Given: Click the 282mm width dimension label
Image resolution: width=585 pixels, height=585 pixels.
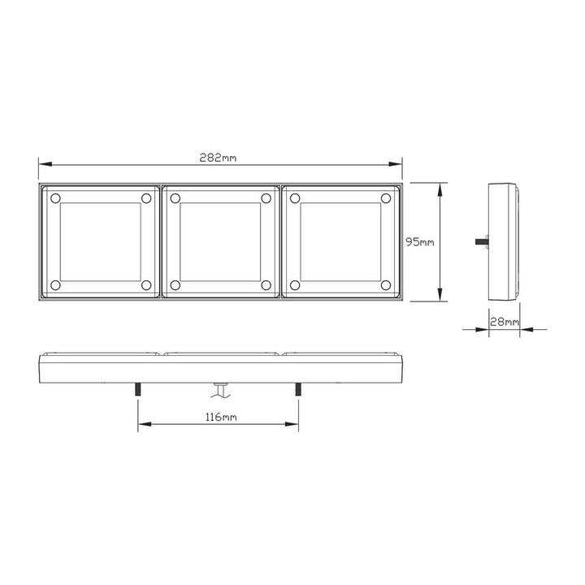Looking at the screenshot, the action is tap(218, 158).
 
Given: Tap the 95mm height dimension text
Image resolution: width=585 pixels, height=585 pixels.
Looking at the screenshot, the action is tap(420, 242).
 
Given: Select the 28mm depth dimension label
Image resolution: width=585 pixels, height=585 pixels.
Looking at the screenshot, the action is tap(505, 322).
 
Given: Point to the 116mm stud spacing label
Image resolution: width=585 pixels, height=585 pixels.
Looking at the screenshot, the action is tap(221, 417).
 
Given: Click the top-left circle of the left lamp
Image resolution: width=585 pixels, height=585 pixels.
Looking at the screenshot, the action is tap(55, 198).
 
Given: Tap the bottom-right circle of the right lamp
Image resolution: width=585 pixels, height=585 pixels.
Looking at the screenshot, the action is tap(386, 285).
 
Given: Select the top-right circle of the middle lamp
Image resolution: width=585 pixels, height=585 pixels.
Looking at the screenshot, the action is tap(266, 198).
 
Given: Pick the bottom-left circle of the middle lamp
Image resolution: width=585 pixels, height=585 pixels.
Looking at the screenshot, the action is tap(175, 285).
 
